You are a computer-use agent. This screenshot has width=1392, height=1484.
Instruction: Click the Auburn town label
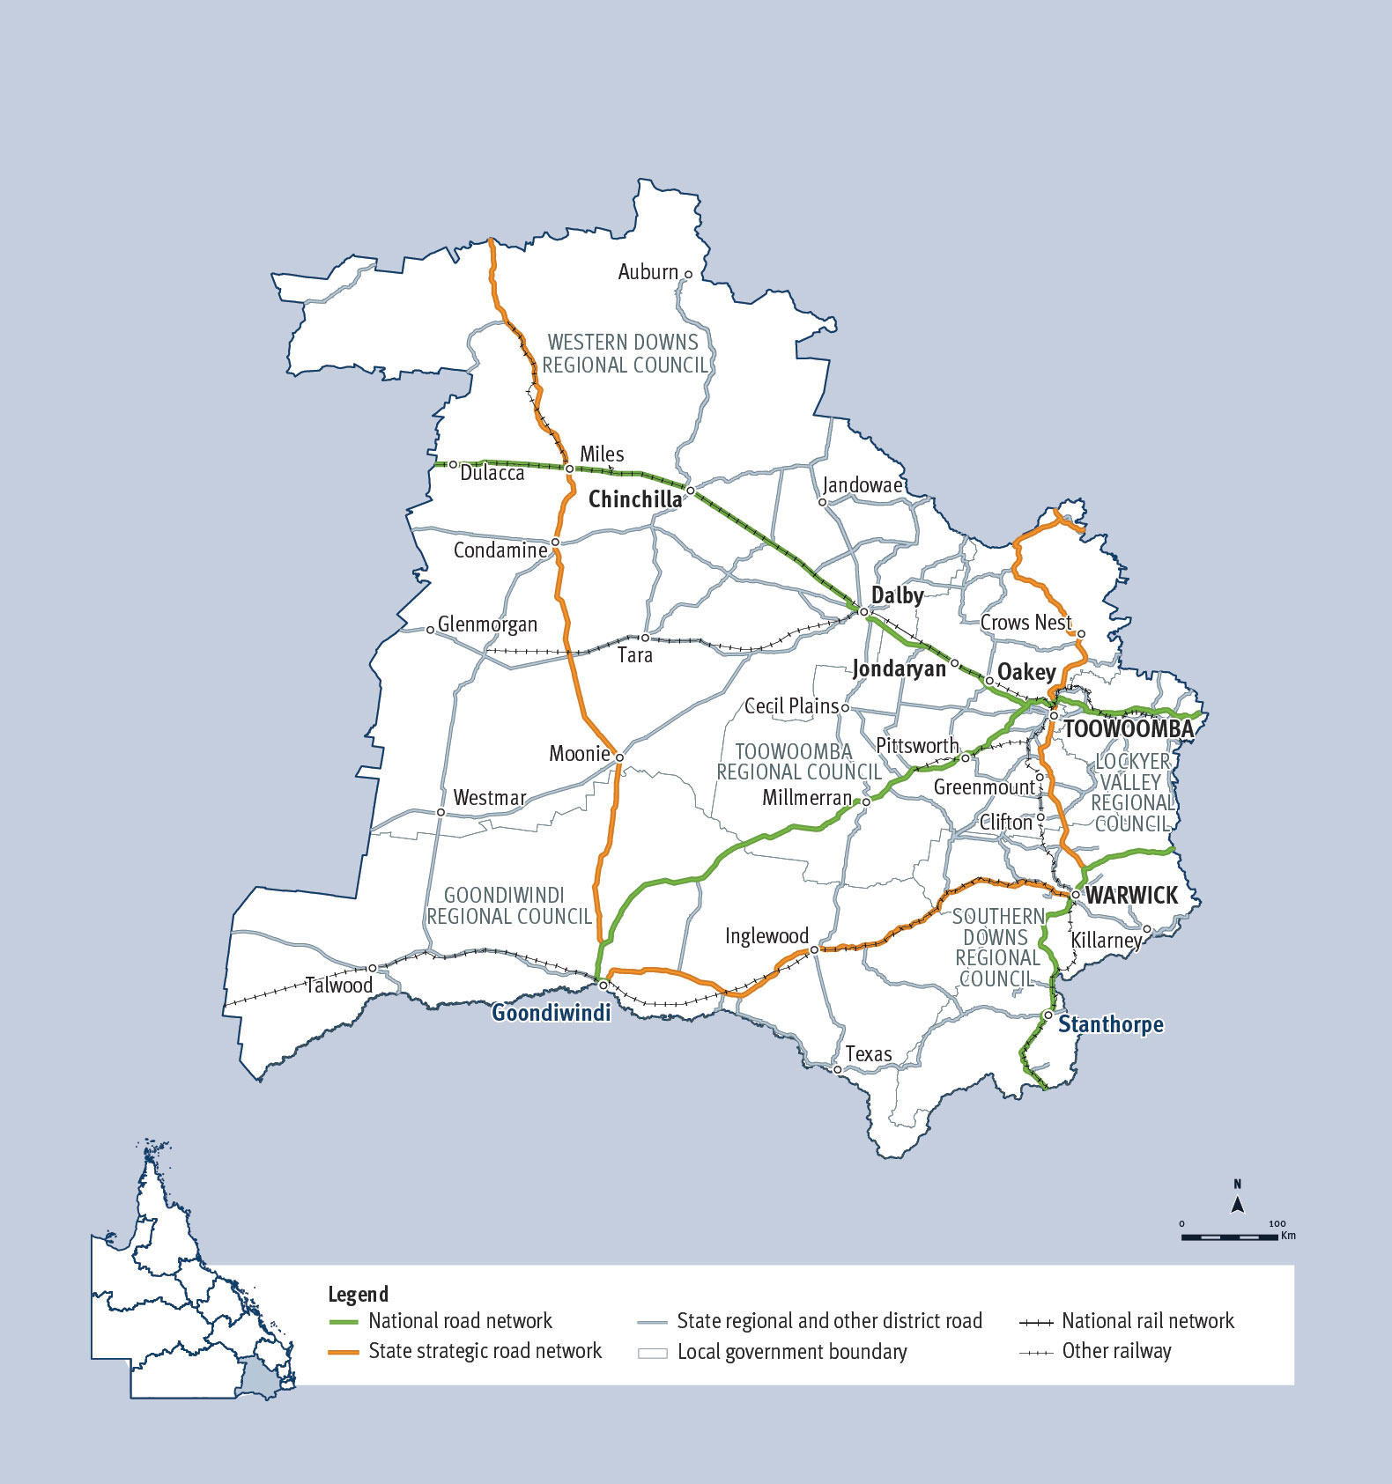tap(648, 272)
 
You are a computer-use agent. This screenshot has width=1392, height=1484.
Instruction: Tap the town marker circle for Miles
tap(570, 469)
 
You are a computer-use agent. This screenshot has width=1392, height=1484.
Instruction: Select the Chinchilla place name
tap(634, 499)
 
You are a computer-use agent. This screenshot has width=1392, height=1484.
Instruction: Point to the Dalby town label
tap(897, 595)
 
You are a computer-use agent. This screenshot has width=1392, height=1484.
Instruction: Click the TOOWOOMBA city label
tap(1129, 729)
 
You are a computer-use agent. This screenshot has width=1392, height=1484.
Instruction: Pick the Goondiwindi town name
tap(551, 1013)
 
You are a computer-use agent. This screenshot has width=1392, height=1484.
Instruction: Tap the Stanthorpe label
tap(1110, 1024)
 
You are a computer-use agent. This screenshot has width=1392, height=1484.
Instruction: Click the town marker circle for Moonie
tap(619, 757)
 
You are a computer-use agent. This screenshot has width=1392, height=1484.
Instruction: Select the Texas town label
tap(868, 1054)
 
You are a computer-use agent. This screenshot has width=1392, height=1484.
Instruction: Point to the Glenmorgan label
tap(487, 624)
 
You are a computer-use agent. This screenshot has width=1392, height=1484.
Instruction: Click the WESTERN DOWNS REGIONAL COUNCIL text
tap(624, 354)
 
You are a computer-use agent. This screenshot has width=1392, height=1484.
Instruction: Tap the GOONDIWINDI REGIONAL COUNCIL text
tap(508, 906)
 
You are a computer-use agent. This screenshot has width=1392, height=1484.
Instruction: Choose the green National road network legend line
tap(343, 1322)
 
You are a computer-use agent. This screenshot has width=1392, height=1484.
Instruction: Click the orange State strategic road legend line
tap(343, 1352)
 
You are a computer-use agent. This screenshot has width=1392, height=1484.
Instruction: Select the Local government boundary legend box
tap(652, 1353)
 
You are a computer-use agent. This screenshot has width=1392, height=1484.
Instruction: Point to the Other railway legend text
tap(1116, 1352)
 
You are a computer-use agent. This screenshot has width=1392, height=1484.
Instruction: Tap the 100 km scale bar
tap(1229, 1237)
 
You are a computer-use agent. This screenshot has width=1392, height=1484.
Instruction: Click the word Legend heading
tap(358, 1294)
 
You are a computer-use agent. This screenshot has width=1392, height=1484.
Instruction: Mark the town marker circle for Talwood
tap(373, 968)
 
